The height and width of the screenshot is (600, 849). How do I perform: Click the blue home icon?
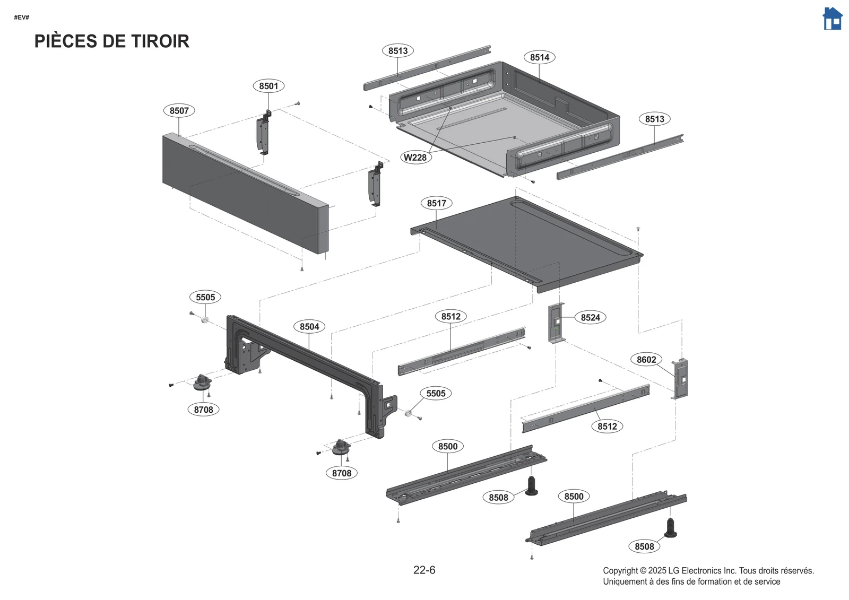pos(832,19)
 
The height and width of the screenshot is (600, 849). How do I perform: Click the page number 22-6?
pos(424,570)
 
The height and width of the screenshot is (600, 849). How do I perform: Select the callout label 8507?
pos(179,110)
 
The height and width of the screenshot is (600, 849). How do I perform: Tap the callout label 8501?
pos(268,86)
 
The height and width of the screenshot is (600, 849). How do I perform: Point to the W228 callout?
pos(415,157)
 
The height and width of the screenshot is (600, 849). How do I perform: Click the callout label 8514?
pos(540,57)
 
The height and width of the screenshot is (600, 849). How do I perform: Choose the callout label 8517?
pos(436,203)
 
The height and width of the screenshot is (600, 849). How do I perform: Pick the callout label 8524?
pos(590,317)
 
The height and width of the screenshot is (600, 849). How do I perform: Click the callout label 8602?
pos(646,359)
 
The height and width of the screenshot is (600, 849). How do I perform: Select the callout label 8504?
pos(309,326)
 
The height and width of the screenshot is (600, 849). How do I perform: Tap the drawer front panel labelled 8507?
pos(244,196)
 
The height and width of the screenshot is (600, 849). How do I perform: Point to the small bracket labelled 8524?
pos(556,323)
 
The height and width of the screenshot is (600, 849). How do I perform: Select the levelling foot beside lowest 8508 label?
pos(671,528)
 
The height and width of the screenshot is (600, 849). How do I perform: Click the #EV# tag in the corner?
pos(22,18)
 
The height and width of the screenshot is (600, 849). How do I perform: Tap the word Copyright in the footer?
pos(620,571)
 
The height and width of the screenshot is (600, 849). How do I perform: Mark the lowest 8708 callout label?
pos(341,473)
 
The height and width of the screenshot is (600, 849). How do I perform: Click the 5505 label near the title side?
pos(205,297)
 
